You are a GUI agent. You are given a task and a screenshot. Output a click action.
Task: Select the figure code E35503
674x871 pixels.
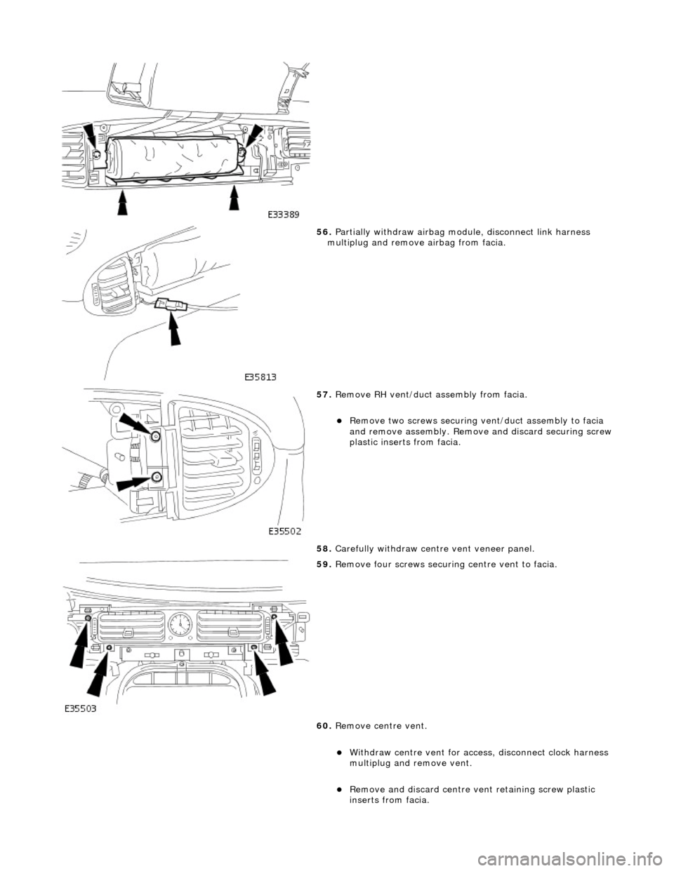coord(78,708)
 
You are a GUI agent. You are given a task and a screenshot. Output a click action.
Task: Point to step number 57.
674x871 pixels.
coord(324,396)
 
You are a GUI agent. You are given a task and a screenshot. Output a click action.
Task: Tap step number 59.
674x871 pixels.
coord(324,564)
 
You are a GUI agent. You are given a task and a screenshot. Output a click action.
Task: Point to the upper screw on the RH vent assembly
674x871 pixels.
coord(155,437)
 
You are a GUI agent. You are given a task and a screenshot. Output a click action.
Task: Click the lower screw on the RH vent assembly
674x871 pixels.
coord(155,478)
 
